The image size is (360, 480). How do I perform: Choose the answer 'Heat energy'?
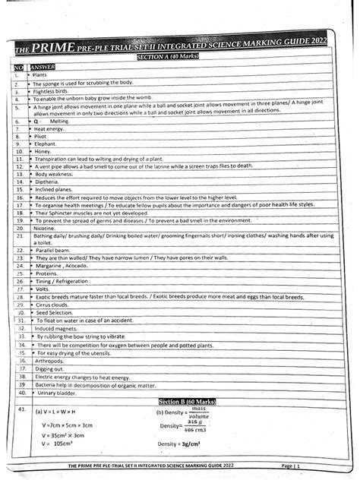52,129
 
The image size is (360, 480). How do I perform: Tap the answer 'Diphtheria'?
47,182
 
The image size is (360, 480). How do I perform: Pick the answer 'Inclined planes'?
52,190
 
